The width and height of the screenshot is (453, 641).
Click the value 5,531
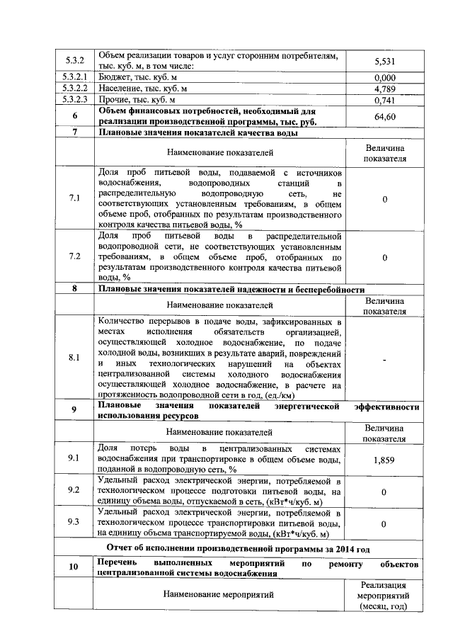(384, 62)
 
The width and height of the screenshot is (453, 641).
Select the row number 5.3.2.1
(74, 76)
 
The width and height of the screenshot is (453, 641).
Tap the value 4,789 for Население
(384, 89)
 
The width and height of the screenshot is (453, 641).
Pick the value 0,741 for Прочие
(384, 101)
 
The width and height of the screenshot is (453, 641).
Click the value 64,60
(384, 116)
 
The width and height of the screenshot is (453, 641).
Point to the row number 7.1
(74, 198)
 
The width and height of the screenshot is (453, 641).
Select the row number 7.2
(74, 256)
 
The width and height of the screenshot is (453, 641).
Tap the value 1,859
(384, 459)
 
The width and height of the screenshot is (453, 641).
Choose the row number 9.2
(74, 490)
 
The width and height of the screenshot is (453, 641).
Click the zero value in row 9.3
(384, 523)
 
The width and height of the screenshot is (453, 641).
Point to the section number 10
(74, 567)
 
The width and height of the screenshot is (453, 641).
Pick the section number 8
(74, 289)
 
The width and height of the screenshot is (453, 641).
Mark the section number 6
(74, 116)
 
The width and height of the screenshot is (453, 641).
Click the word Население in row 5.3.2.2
(120, 89)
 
